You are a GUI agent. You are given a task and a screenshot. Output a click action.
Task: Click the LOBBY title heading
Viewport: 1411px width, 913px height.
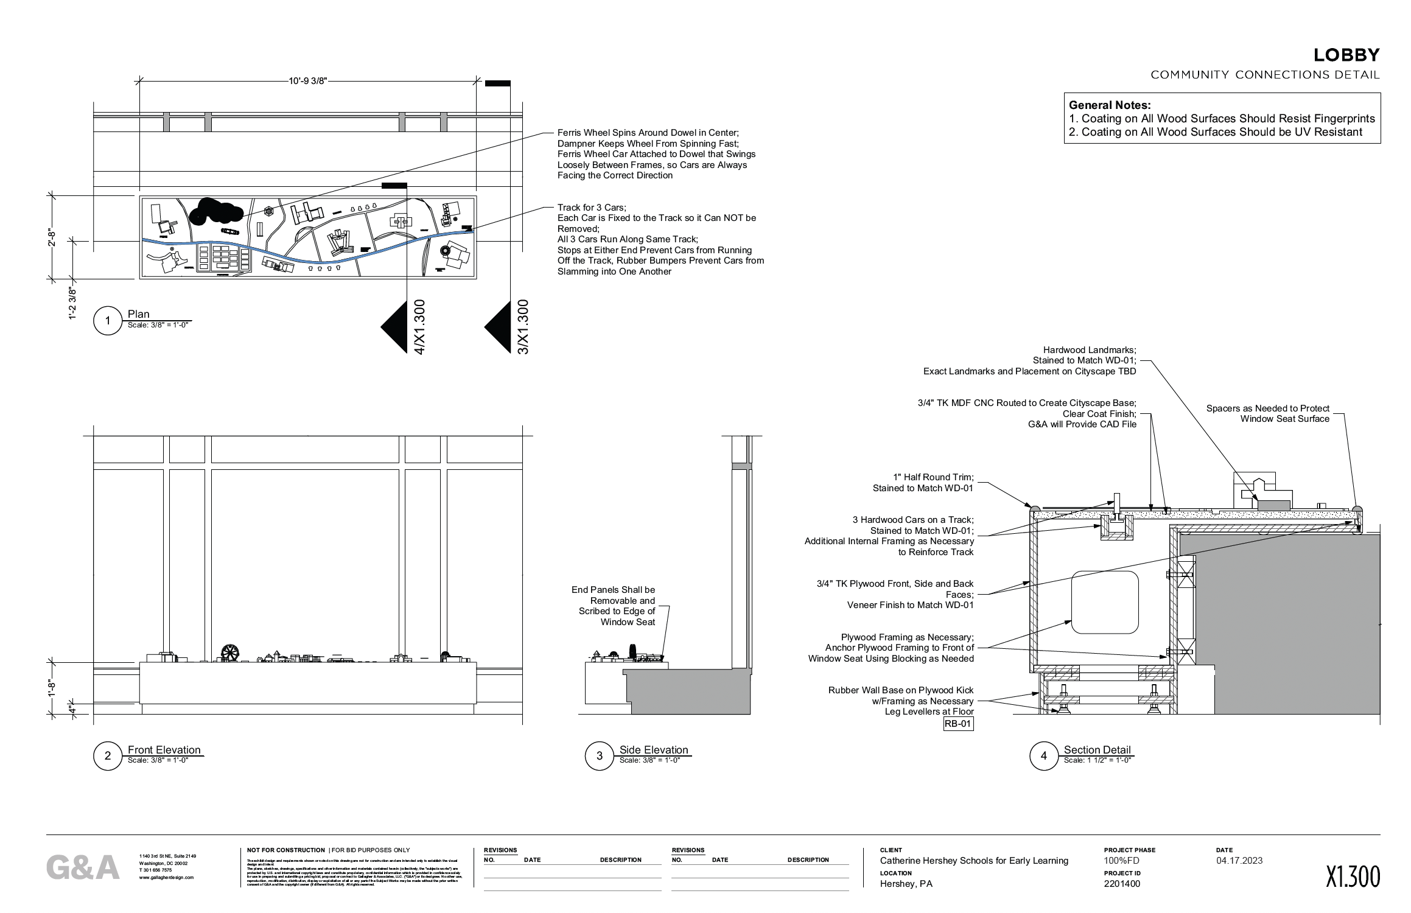[x=1346, y=55]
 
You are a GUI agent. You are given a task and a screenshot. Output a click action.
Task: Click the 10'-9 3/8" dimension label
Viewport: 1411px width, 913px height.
[x=307, y=81]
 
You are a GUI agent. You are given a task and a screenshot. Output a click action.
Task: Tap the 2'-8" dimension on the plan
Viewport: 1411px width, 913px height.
[x=52, y=237]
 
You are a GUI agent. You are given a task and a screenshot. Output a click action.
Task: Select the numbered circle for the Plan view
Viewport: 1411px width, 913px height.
[x=108, y=320]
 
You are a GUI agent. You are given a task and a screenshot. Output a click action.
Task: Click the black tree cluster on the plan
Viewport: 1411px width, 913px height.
[x=216, y=211]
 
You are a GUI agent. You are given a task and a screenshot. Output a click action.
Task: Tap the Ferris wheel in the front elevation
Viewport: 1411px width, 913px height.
[x=229, y=652]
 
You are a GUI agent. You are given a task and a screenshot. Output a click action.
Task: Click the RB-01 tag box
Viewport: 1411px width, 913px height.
[x=958, y=724]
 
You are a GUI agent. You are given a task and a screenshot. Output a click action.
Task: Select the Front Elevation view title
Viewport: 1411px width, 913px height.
[x=164, y=750]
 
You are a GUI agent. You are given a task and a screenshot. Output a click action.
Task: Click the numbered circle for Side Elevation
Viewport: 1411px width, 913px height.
[x=599, y=756]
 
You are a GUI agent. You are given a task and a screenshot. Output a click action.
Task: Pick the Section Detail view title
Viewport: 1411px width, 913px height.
[x=1097, y=750]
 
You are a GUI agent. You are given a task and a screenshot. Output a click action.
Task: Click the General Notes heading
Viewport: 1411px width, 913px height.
[x=1110, y=105]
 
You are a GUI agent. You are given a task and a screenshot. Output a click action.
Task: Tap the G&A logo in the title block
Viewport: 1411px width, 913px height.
[x=83, y=868]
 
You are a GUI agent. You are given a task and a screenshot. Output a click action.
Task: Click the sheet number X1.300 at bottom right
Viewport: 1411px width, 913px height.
[x=1353, y=877]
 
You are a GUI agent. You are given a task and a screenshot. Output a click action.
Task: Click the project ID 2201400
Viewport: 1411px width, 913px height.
[x=1122, y=884]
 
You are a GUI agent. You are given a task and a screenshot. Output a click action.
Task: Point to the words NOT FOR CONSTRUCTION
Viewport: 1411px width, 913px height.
[x=285, y=850]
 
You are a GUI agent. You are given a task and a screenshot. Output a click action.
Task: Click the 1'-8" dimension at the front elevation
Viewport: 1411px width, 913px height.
[x=52, y=687]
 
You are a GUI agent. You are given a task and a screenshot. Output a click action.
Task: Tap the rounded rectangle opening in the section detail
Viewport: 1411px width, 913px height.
[x=1104, y=602]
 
